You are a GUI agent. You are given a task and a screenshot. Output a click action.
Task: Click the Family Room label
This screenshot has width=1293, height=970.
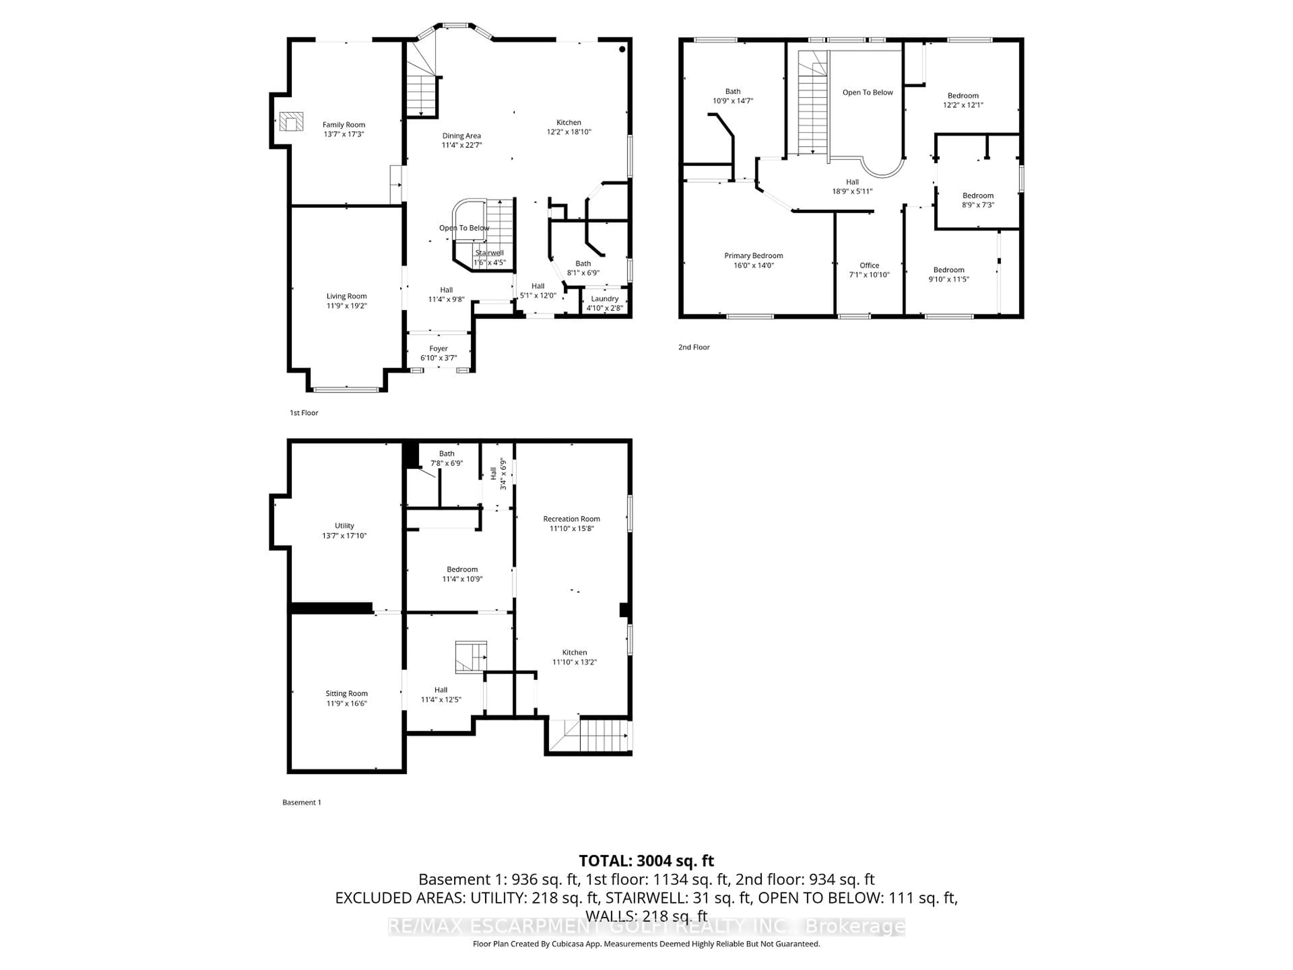point(344,125)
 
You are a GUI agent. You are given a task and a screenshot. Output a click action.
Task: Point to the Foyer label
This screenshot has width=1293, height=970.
point(438,349)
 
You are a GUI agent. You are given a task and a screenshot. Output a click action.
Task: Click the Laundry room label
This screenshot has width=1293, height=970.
point(604,299)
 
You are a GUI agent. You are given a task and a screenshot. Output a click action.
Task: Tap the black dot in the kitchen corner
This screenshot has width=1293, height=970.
point(622,49)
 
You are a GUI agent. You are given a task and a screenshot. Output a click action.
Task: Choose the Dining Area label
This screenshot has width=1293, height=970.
point(461,136)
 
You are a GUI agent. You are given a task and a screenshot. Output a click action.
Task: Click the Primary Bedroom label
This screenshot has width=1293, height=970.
point(754,256)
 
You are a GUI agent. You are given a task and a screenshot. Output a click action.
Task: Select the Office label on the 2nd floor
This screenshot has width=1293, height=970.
point(869,265)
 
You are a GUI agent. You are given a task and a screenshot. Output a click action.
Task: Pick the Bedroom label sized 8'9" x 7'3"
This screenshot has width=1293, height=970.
point(978,196)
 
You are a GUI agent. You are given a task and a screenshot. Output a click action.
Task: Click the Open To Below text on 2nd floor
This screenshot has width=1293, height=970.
point(867,92)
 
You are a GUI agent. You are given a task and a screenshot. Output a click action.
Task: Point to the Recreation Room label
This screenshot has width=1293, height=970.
point(571,519)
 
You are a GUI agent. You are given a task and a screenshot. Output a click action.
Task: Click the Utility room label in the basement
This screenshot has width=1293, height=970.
point(344,526)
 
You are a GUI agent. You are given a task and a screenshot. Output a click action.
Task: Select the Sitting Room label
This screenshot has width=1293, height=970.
point(346,693)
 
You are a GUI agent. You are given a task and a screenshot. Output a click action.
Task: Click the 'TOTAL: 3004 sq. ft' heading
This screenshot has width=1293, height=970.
point(646,861)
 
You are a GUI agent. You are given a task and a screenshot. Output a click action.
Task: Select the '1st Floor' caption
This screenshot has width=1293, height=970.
point(304,413)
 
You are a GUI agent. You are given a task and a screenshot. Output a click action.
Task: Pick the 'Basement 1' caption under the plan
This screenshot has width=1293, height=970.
point(302,802)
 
